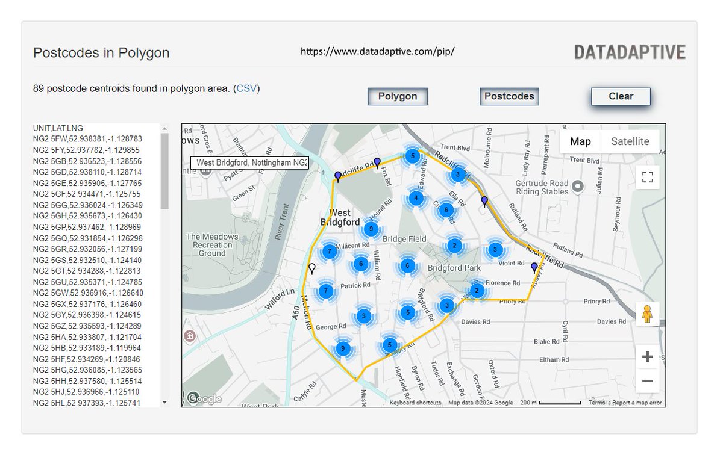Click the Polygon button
pyautogui.click(x=398, y=96)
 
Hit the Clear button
pyautogui.click(x=621, y=96)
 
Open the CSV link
pyautogui.click(x=246, y=88)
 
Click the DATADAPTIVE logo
pyautogui.click(x=630, y=52)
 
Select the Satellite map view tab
pyautogui.click(x=630, y=141)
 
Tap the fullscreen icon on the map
pyautogui.click(x=648, y=177)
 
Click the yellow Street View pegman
pyautogui.click(x=648, y=314)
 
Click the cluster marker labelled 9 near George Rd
pyautogui.click(x=343, y=348)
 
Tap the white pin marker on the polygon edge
pyautogui.click(x=311, y=268)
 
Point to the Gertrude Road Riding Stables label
pyautogui.click(x=542, y=187)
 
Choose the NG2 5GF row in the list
pyautogui.click(x=87, y=194)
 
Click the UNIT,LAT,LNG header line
pyautogui.click(x=58, y=128)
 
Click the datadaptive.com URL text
pyautogui.click(x=377, y=51)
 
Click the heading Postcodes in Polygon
pyautogui.click(x=101, y=53)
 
